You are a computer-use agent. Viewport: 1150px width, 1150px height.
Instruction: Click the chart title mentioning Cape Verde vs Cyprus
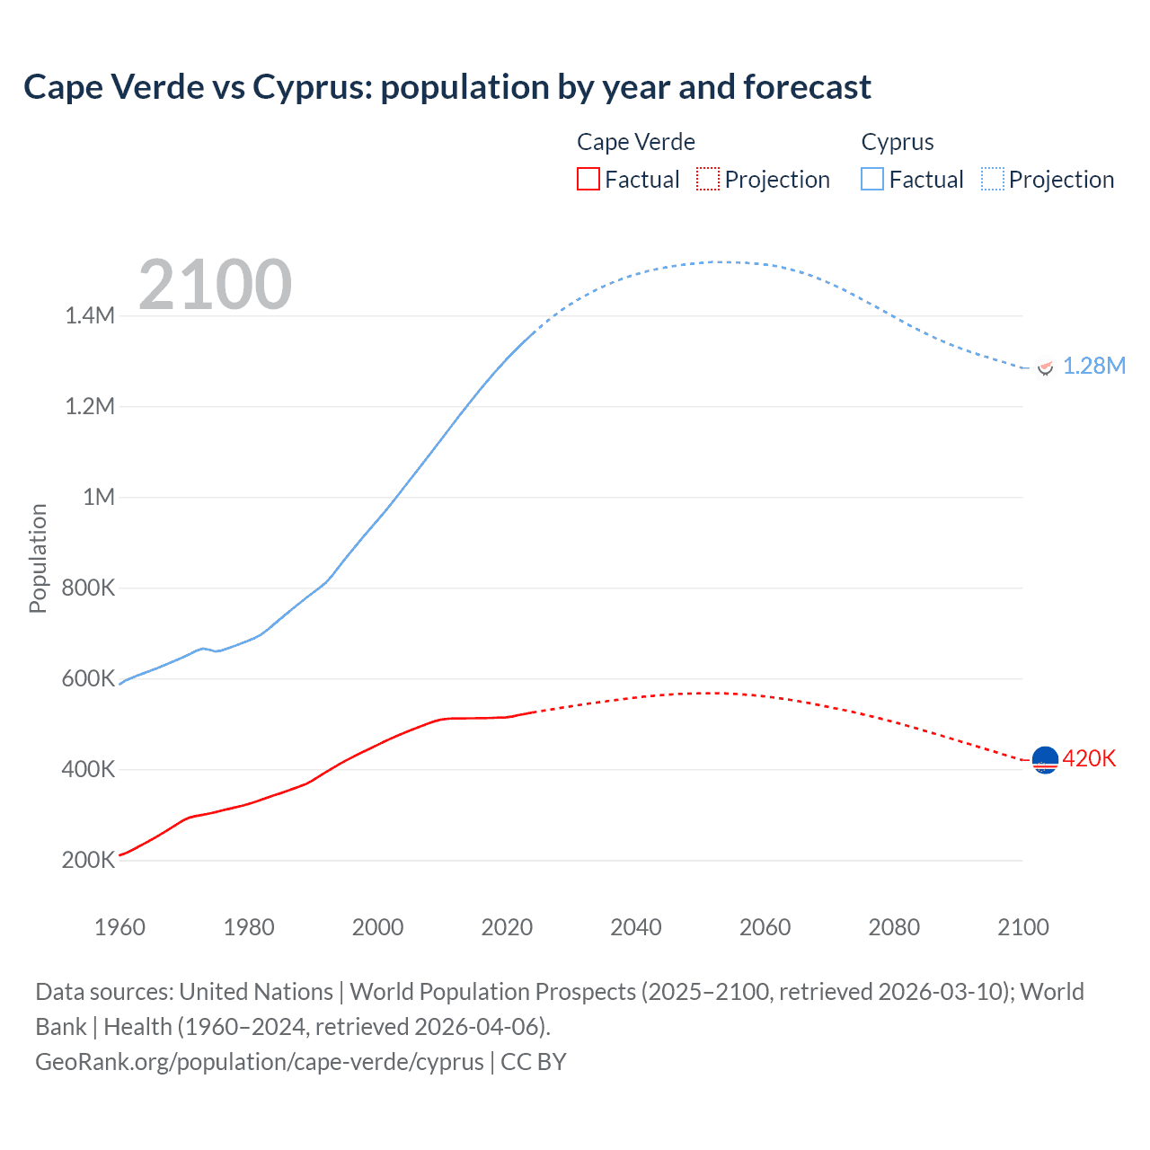[x=447, y=87]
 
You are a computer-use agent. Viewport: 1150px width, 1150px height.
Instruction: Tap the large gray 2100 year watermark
[x=216, y=285]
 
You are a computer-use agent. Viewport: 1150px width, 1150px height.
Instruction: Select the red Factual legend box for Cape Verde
[x=588, y=179]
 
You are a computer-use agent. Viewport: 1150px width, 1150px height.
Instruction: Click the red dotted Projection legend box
[x=708, y=179]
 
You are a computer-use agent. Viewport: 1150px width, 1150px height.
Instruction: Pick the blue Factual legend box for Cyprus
[x=872, y=179]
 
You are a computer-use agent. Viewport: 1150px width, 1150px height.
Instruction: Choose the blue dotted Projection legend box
[x=993, y=179]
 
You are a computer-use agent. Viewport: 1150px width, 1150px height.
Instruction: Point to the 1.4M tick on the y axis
[x=90, y=315]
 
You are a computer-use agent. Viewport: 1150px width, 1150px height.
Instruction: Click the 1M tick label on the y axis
[x=99, y=497]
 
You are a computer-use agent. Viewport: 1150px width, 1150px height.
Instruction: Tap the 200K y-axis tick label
[x=88, y=860]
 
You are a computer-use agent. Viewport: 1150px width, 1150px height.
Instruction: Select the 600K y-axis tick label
[x=88, y=678]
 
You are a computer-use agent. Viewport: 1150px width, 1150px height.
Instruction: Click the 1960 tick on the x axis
[x=119, y=927]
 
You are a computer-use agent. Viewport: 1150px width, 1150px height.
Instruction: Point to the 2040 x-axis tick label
[x=636, y=927]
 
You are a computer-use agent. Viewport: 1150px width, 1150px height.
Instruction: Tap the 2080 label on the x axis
[x=894, y=927]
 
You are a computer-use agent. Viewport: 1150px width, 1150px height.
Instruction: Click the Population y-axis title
[x=38, y=558]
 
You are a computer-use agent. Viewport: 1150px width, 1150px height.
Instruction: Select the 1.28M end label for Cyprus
[x=1093, y=366]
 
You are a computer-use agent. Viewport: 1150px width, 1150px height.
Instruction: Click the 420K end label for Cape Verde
[x=1089, y=758]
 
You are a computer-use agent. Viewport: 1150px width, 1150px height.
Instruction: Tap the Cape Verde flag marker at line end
[x=1045, y=760]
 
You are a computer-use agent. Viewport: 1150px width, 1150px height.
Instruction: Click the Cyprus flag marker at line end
[x=1045, y=367]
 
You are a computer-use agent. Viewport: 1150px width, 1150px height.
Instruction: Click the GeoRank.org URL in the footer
[x=260, y=1061]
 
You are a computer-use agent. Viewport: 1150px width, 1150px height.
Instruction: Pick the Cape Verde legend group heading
[x=636, y=142]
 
